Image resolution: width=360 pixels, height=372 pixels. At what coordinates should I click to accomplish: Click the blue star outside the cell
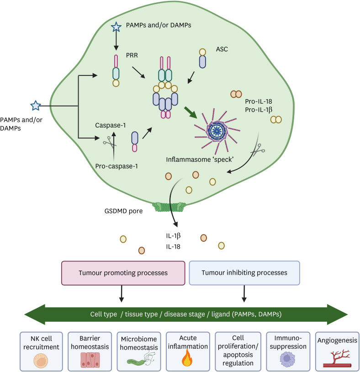click(36, 106)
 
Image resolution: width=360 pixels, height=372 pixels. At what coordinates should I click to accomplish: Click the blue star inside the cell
click(116, 27)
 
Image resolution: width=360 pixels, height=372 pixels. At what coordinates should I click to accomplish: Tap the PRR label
click(132, 55)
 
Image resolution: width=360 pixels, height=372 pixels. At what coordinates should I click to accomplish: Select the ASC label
click(222, 49)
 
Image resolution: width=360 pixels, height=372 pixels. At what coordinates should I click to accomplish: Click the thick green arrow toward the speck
click(191, 112)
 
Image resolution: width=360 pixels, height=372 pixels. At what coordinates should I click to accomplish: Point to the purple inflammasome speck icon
click(217, 131)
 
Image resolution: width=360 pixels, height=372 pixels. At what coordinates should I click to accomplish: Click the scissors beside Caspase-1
click(108, 142)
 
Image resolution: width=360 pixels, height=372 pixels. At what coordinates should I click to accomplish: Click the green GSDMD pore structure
click(169, 207)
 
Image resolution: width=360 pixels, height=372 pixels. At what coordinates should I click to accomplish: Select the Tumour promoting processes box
click(123, 273)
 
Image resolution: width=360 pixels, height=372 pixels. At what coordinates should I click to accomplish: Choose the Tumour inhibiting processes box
click(244, 273)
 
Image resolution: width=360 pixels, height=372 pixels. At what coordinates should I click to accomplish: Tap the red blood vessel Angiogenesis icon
click(337, 358)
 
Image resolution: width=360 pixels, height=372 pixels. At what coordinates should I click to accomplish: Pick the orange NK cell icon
click(41, 361)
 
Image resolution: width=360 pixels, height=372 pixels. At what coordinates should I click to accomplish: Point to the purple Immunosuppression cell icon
click(287, 359)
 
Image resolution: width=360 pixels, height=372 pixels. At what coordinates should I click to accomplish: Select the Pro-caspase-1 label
click(116, 166)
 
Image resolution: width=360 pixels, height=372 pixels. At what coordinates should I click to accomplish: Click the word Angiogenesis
click(337, 340)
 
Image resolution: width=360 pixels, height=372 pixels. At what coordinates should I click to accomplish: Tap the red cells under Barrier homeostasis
click(90, 360)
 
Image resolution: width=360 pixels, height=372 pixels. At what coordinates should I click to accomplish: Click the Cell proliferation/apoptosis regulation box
click(238, 351)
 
